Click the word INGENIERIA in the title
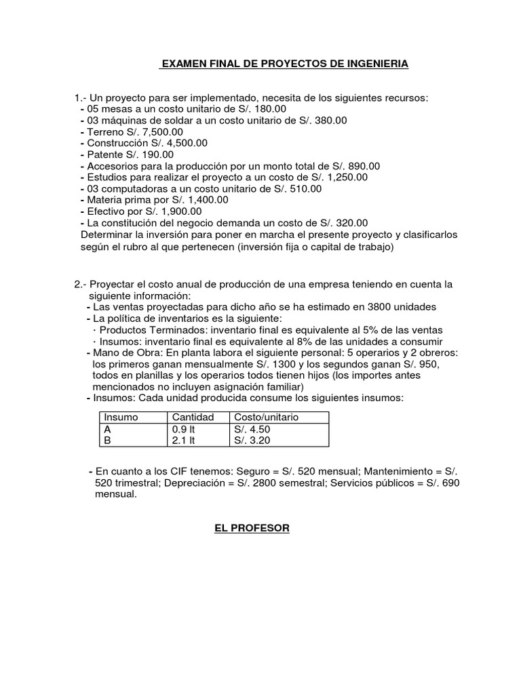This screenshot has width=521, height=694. coord(376,64)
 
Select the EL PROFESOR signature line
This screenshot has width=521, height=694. coord(248,528)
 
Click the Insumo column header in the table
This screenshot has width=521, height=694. coord(120,417)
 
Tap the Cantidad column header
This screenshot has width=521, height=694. coord(193,417)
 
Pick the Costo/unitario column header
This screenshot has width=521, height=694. coord(265,417)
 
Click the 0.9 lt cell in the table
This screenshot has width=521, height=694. coord(183,429)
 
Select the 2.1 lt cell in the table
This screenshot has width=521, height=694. coord(183,440)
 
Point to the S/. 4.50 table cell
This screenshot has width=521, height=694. coord(253,429)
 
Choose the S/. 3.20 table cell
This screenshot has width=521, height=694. coord(253,440)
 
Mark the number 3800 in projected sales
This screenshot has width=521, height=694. coord(387,307)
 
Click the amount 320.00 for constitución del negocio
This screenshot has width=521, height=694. coord(348,222)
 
